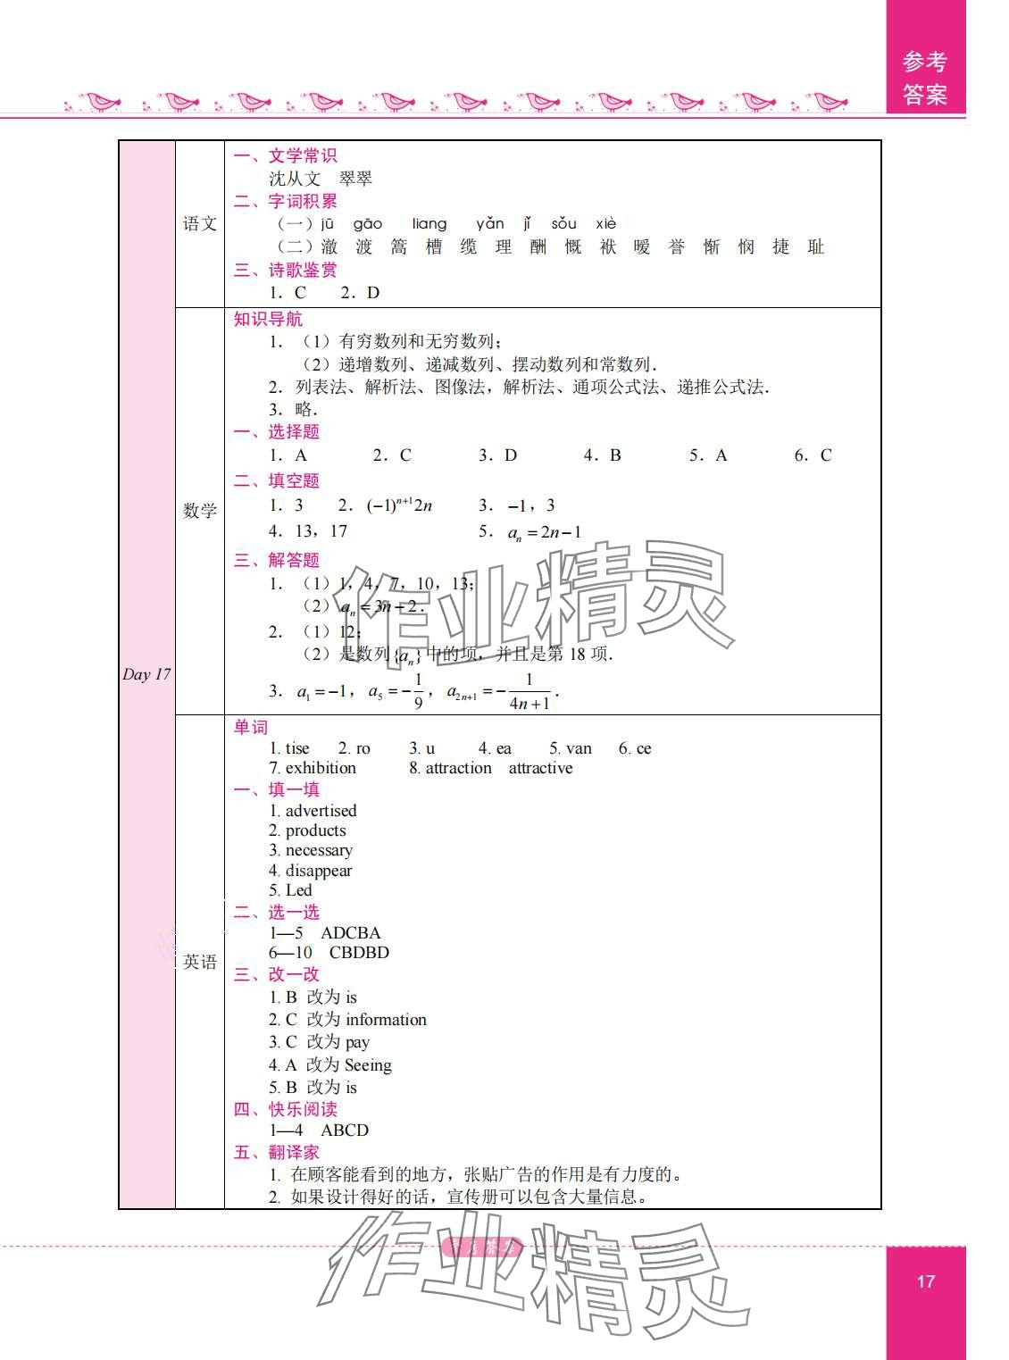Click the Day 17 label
(146, 674)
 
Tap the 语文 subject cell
(200, 224)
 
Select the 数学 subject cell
(200, 511)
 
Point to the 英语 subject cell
(200, 962)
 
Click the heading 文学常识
(303, 155)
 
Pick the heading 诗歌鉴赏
(303, 270)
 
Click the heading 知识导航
(268, 319)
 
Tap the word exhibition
(321, 768)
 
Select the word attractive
(540, 768)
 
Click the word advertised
(321, 811)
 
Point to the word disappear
(319, 871)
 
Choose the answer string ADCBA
(351, 932)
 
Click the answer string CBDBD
(359, 953)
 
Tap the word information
(386, 1020)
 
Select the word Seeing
(368, 1064)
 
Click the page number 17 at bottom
(925, 1281)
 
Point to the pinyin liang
(429, 224)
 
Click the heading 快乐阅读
(303, 1109)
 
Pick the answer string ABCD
(345, 1130)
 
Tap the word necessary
(319, 850)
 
